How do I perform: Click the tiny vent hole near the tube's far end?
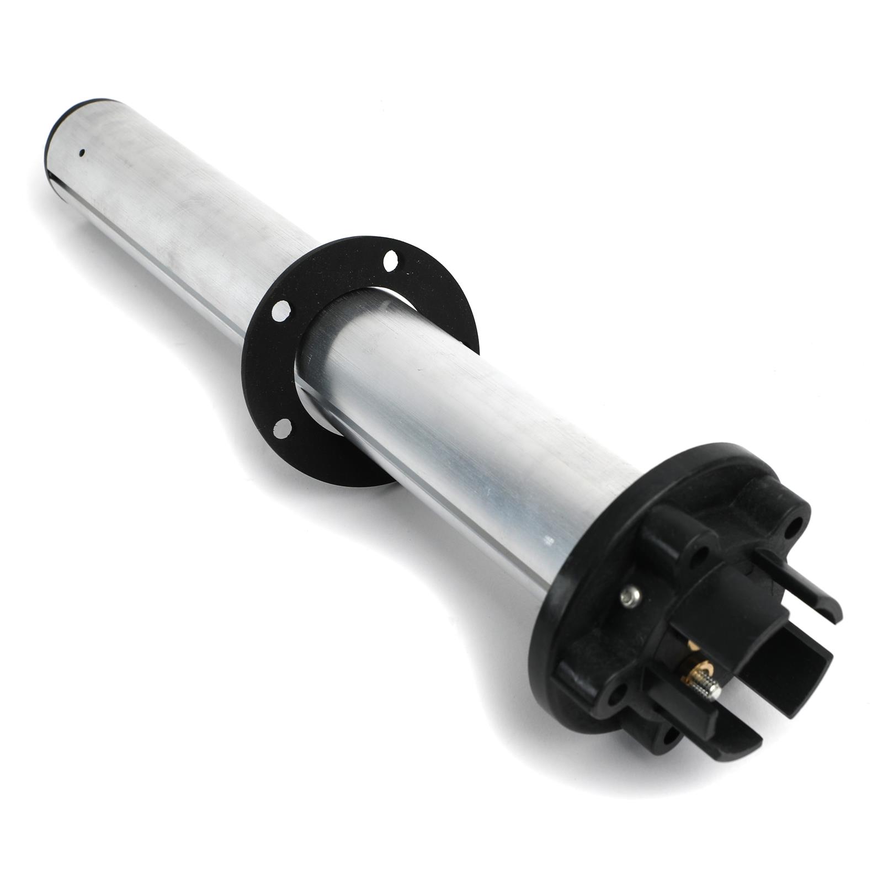tap(82, 152)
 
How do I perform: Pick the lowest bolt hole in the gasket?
tap(284, 425)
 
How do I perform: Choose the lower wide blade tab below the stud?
tap(717, 723)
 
